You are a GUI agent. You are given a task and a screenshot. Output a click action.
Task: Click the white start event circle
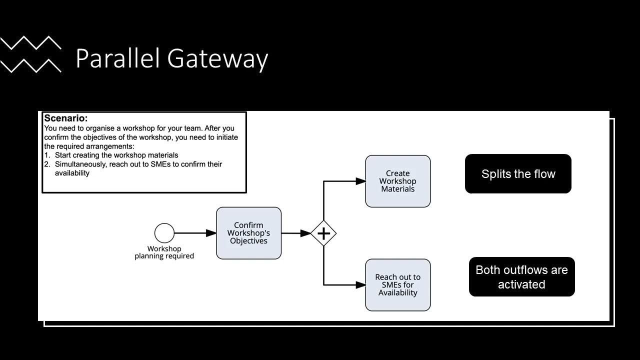tap(164, 233)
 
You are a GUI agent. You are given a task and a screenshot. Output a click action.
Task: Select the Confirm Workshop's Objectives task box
tap(248, 233)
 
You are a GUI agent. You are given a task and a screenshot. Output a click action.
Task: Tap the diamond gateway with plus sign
tap(323, 233)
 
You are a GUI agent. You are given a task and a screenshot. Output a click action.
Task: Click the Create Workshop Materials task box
tap(397, 181)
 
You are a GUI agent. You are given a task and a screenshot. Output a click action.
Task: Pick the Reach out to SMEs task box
tap(397, 285)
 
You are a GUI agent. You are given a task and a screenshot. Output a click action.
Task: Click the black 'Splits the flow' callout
tap(518, 174)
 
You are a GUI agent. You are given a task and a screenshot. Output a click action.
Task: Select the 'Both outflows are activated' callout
tap(521, 277)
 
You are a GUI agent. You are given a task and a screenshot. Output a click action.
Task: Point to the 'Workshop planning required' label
tap(164, 252)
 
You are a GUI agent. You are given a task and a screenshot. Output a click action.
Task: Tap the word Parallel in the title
tap(119, 58)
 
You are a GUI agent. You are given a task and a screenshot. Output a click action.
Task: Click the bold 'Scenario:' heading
tap(65, 118)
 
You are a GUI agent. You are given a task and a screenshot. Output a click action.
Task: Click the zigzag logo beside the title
tap(31, 54)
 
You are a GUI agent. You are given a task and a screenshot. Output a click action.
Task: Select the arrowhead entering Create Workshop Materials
tap(360, 181)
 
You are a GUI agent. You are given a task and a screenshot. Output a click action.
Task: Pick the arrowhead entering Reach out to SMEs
tap(360, 285)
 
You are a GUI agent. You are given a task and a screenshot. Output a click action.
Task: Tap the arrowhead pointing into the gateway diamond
tap(305, 233)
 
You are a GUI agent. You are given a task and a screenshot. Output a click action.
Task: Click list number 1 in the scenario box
tap(46, 155)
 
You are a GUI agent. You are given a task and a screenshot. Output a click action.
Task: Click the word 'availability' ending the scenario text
tap(72, 173)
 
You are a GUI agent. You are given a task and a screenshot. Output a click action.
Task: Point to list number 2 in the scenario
tap(46, 164)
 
